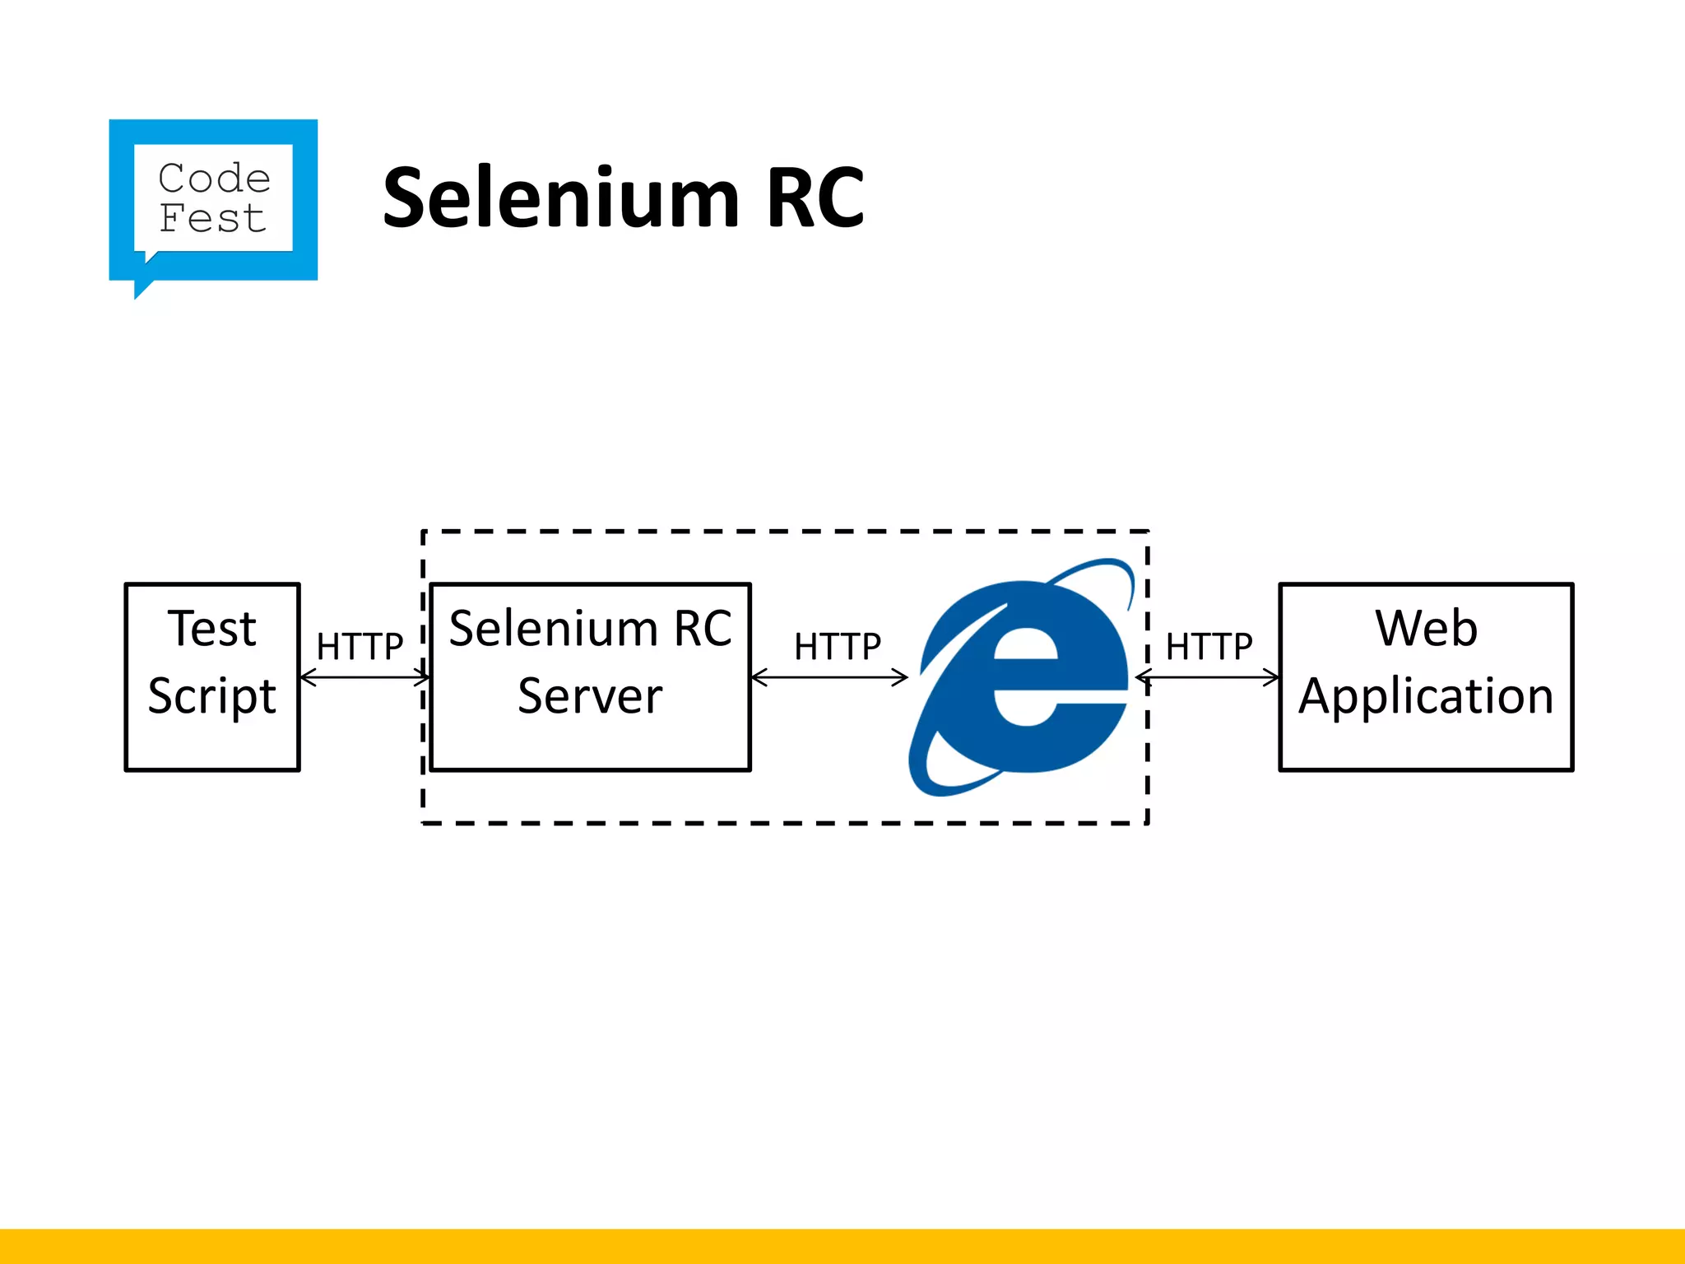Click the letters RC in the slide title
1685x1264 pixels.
pos(815,197)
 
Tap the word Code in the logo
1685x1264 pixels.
pos(214,178)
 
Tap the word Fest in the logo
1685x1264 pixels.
pos(212,219)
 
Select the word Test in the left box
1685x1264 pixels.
pos(212,629)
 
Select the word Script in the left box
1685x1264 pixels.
pos(212,696)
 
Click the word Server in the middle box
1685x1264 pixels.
pos(590,696)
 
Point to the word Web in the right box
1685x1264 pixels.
pos(1426,629)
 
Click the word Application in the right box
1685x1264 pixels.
pos(1426,696)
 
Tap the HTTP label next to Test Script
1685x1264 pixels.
pos(360,647)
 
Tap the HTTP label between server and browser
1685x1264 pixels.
pos(837,647)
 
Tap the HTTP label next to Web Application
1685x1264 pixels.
pos(1209,647)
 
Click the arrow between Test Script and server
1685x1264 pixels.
pos(364,678)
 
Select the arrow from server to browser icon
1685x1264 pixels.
pos(829,678)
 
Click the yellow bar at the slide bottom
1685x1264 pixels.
pos(842,1246)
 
